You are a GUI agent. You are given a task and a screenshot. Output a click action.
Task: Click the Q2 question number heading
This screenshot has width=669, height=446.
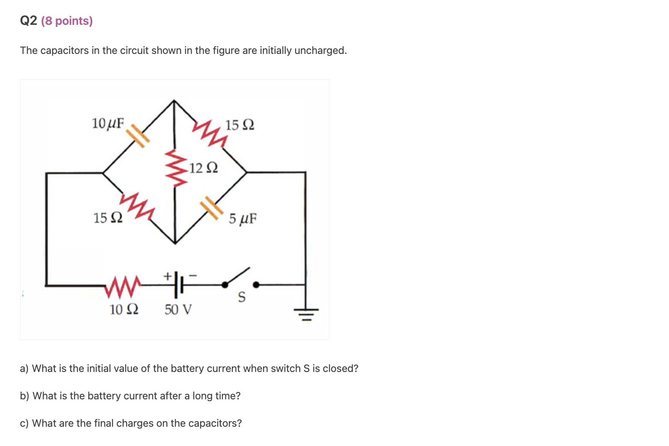coord(28,21)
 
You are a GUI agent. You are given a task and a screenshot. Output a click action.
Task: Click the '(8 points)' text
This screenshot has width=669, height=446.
coord(67,21)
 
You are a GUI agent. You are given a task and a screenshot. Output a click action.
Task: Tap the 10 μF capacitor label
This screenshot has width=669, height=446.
coord(108,124)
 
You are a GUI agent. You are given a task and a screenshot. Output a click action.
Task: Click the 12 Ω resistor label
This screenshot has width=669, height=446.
coord(204,168)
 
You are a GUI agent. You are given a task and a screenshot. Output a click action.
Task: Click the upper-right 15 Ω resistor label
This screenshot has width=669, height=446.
coord(240,125)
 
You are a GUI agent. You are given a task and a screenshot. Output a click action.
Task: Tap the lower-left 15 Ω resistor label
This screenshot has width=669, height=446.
coord(108,218)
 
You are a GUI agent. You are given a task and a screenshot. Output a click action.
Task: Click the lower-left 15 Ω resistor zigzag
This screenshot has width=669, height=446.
coord(137,206)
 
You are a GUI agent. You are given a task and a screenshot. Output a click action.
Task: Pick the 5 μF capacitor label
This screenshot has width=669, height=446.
coord(243,219)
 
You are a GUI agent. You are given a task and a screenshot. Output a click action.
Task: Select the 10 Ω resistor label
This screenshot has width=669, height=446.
coord(124,309)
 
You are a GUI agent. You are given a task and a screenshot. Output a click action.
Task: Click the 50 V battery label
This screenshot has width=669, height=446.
coord(178,309)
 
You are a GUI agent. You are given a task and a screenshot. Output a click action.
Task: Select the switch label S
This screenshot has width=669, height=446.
coord(242,297)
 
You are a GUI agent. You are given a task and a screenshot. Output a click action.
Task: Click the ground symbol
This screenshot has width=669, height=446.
coord(305,314)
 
